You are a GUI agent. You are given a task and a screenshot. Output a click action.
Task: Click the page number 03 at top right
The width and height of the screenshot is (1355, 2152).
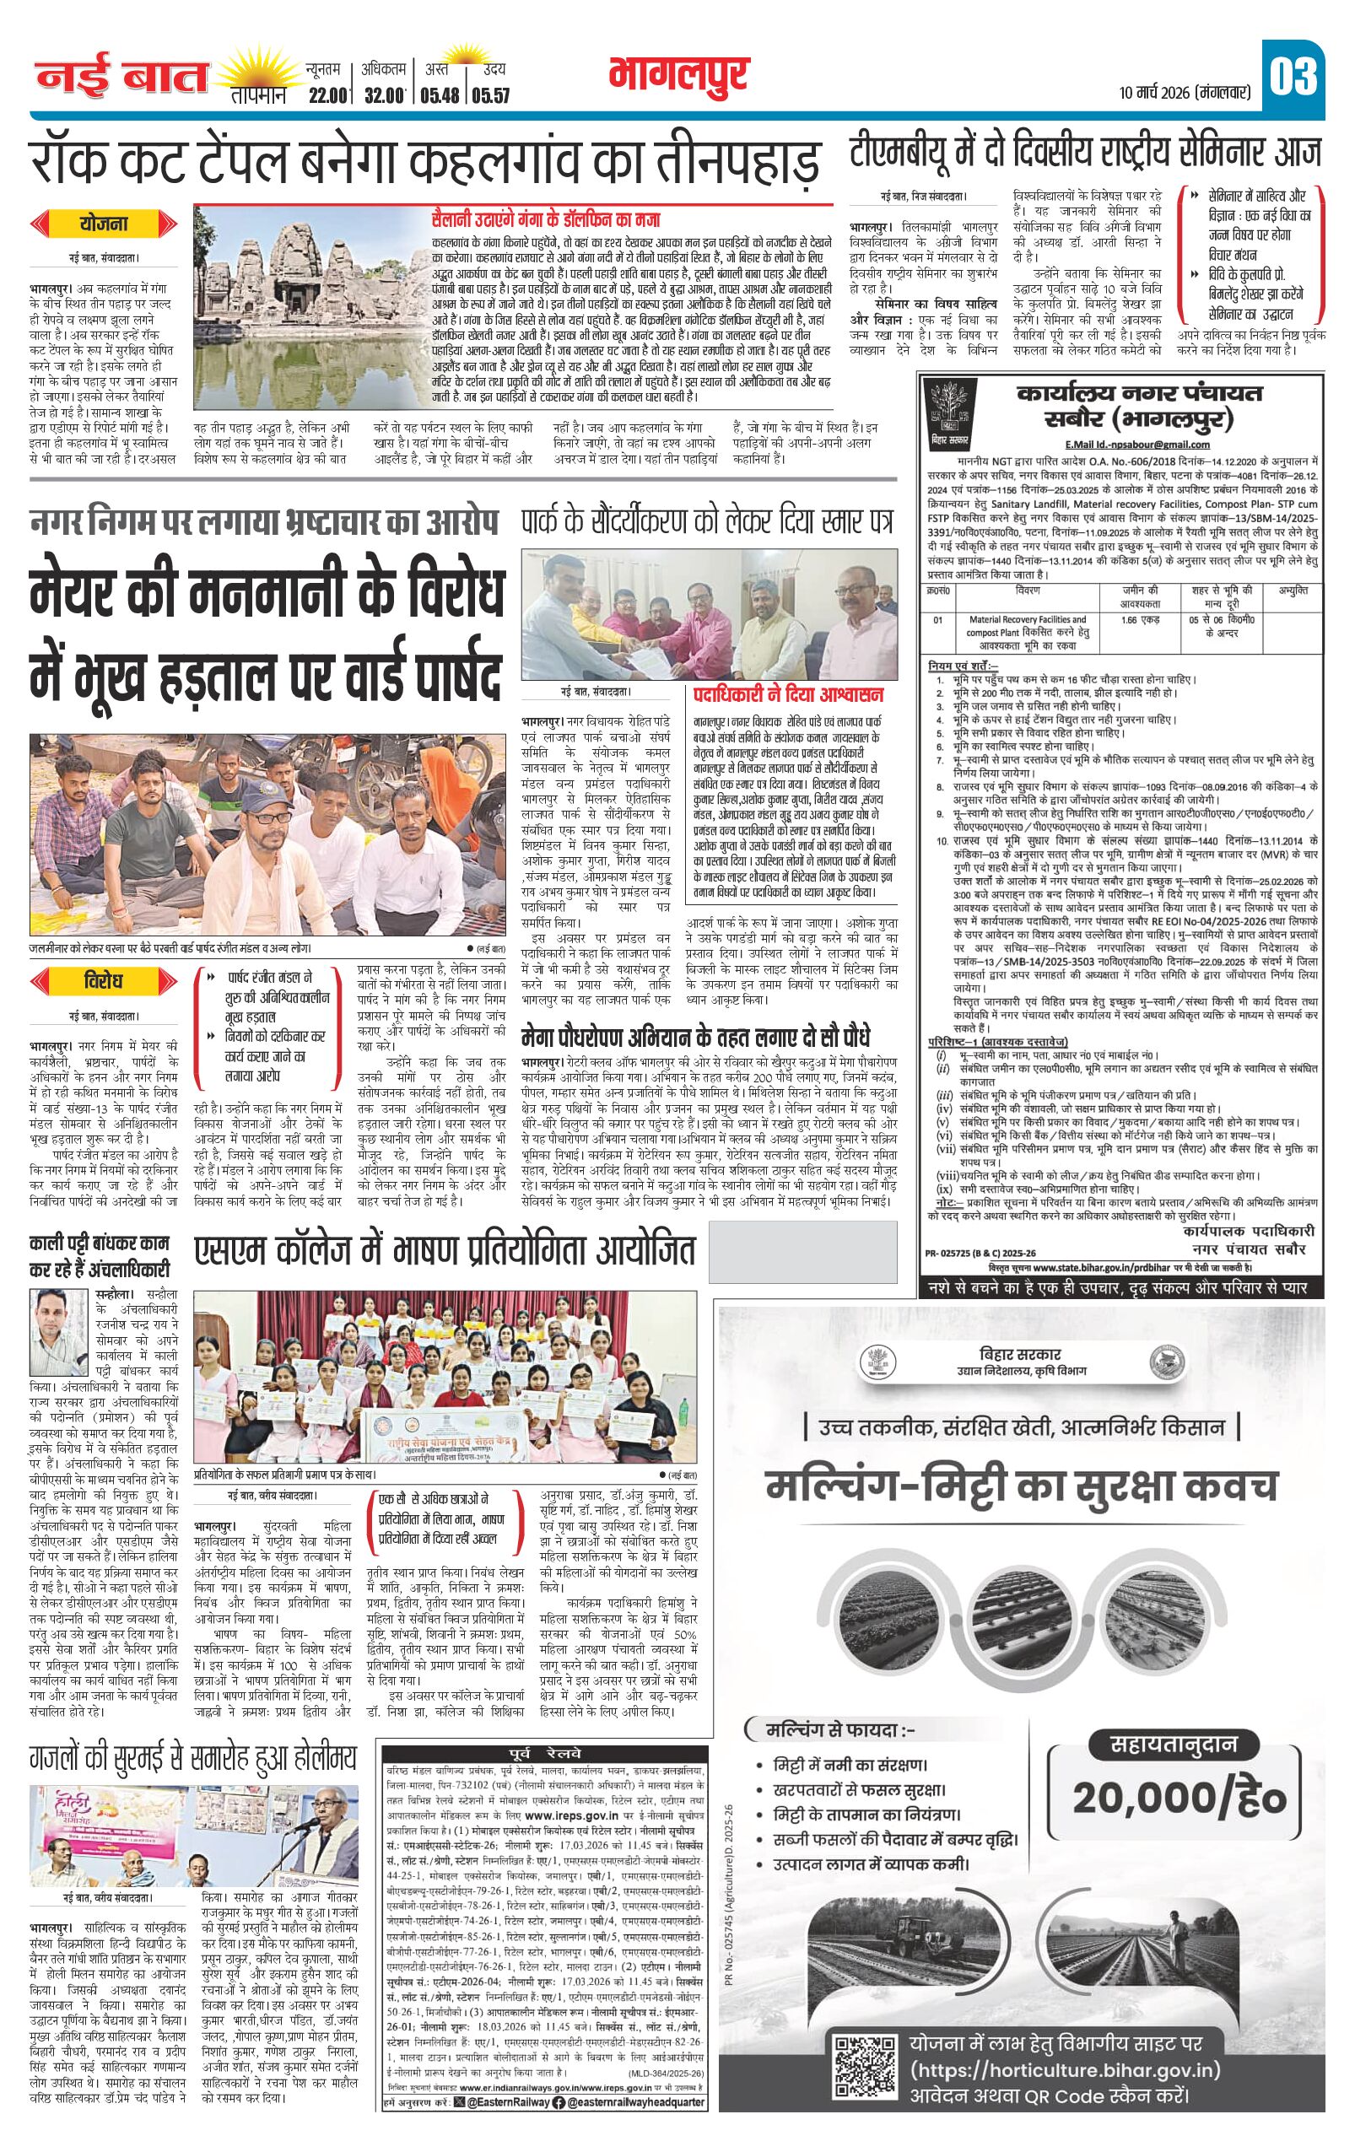click(1294, 77)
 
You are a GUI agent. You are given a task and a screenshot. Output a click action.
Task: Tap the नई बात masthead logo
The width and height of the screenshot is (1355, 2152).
click(121, 78)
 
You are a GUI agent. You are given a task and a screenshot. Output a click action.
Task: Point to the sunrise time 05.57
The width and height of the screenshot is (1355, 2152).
click(489, 93)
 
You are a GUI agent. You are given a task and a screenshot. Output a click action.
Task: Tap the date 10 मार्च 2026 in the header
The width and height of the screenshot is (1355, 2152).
click(1184, 91)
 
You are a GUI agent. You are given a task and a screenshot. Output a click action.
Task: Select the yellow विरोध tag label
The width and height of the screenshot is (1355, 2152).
click(104, 981)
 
